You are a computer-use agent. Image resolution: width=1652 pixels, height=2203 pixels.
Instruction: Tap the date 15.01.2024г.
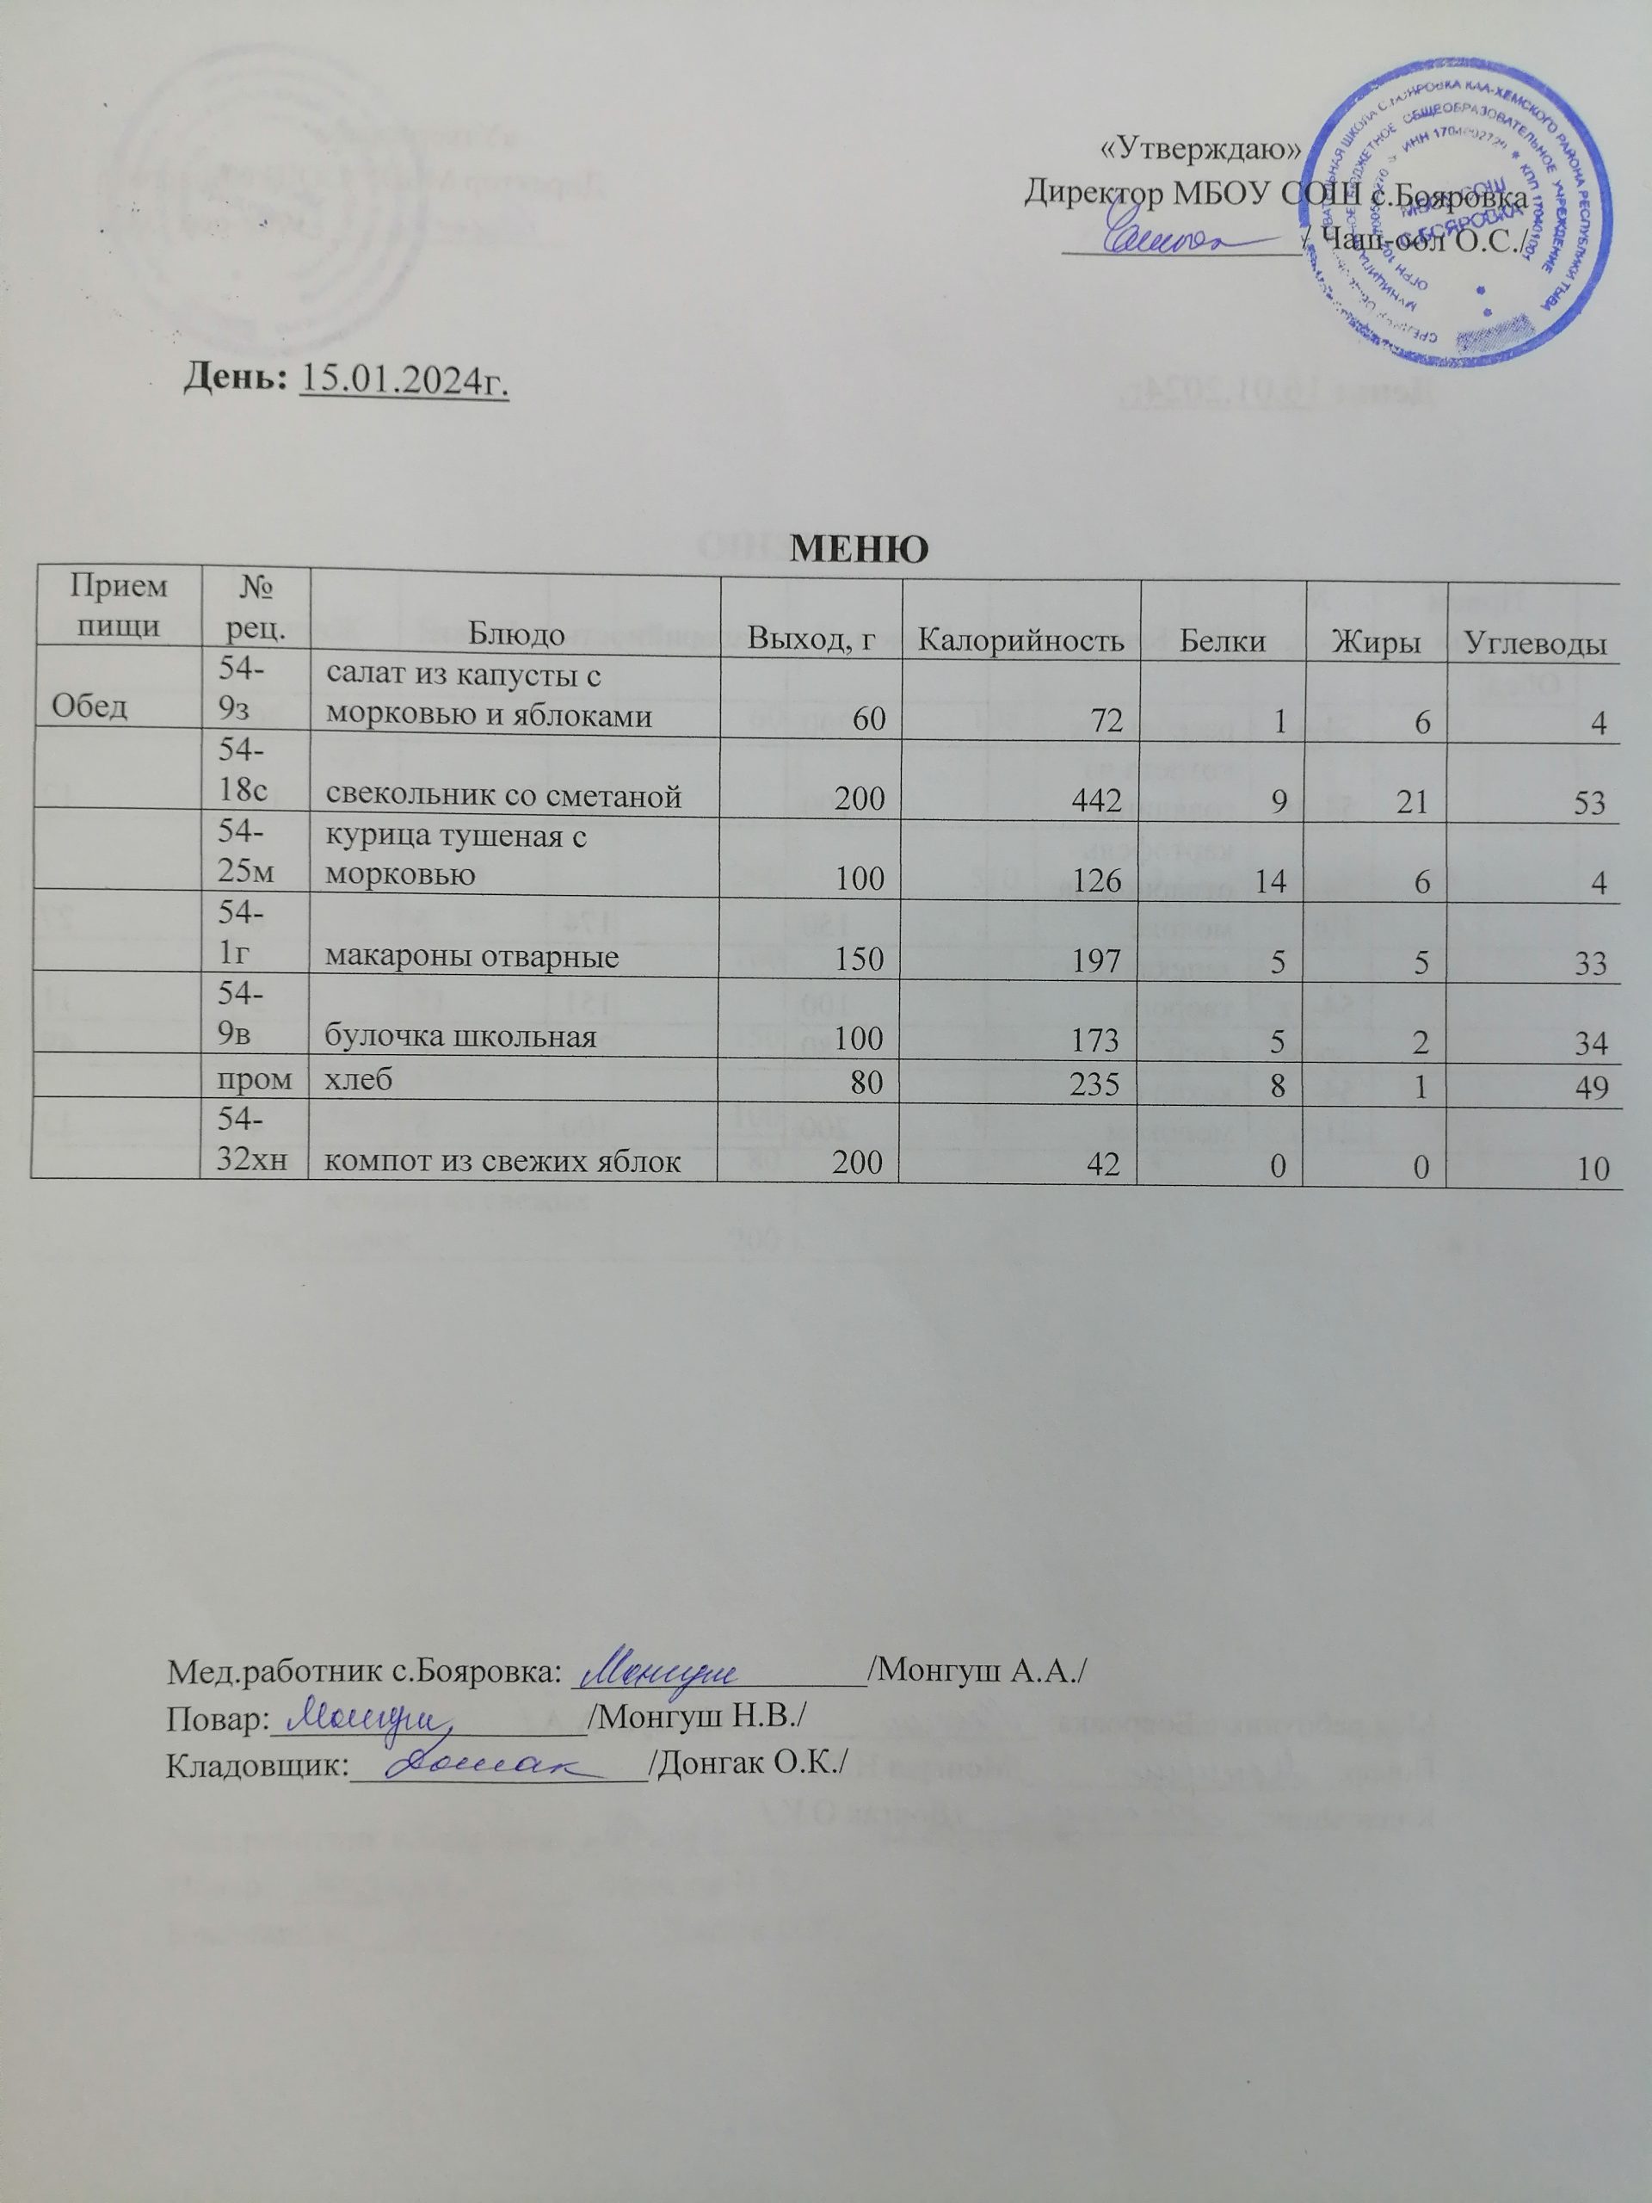pos(404,379)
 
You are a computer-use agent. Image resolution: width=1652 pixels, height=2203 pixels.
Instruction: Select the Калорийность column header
pos(1021,639)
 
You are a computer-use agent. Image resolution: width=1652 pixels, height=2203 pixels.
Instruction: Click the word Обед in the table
pos(89,707)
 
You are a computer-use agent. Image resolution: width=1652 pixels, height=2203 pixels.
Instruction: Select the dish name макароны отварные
pos(472,957)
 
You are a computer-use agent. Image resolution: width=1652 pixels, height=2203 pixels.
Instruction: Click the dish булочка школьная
pos(461,1037)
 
